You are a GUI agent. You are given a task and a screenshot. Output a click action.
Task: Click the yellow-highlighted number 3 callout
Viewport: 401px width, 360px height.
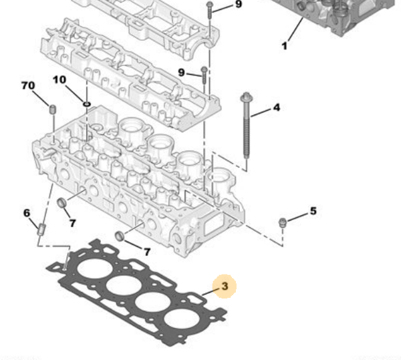point(225,287)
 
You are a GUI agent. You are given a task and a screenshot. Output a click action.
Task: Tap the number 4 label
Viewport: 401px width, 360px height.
point(276,108)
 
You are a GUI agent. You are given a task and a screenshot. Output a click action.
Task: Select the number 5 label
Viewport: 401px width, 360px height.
point(313,212)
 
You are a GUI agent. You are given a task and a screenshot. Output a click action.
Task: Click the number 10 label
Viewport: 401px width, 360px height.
point(59,80)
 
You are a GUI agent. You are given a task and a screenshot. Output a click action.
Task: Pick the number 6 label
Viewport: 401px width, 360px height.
point(27,213)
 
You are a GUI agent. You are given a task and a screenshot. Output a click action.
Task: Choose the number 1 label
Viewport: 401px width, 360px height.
point(285,45)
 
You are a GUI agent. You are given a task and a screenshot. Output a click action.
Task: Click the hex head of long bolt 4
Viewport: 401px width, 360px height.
point(246,98)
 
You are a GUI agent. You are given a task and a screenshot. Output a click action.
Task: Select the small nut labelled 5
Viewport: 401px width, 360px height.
point(283,222)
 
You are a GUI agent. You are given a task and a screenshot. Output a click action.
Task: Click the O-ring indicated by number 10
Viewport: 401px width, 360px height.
point(86,104)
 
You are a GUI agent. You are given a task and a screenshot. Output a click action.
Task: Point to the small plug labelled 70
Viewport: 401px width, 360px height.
point(52,109)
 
